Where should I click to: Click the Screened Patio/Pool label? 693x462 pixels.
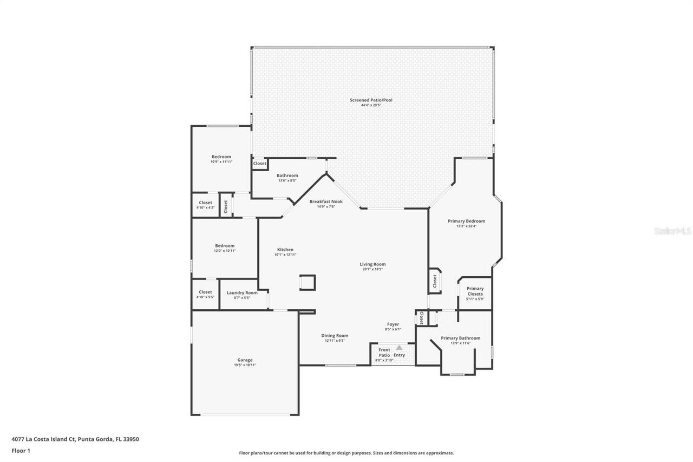pos(371,100)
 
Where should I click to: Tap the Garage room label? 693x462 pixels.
pos(245,360)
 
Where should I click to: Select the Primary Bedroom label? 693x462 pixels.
pos(466,221)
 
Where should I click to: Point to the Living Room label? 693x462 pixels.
pos(372,264)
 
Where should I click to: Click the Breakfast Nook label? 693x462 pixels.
pos(326,201)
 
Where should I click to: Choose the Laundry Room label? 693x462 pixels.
pos(242,293)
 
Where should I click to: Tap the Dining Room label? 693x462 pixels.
pos(335,336)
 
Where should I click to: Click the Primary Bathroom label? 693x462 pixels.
pos(460,339)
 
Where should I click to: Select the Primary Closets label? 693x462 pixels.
pos(475,291)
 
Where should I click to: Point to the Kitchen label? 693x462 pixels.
pos(285,250)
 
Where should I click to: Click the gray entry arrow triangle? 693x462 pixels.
pos(399,348)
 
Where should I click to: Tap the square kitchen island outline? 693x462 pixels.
pos(308,283)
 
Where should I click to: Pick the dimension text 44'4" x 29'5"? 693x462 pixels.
pos(371,105)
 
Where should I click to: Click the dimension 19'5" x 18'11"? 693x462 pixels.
pos(245,365)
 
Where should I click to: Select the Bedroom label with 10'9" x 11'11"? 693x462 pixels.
pos(221,157)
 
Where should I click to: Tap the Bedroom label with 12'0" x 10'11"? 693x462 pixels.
pos(225,246)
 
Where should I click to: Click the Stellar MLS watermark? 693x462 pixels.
pos(672,231)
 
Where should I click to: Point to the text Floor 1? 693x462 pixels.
pos(21,450)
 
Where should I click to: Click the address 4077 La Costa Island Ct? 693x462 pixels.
pos(43,439)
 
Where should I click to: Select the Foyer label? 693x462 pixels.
pos(393,324)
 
